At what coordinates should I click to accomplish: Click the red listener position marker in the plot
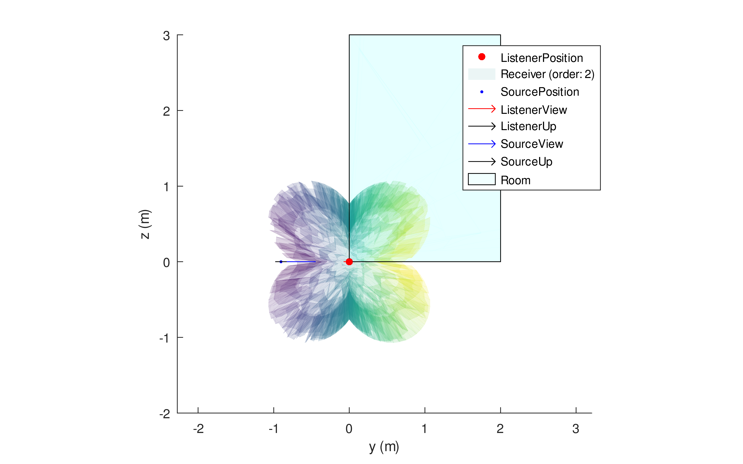349,262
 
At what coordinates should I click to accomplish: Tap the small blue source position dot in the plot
281,262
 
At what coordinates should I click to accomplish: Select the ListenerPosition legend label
541,58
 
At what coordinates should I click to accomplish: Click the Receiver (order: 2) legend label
547,74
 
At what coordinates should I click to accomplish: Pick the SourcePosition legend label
540,92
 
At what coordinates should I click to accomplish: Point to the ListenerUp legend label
528,126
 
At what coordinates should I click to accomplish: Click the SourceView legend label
532,144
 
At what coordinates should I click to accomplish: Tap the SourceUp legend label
526,162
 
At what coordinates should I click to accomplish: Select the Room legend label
515,180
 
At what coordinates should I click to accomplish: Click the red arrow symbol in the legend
482,109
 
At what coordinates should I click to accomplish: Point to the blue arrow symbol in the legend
482,144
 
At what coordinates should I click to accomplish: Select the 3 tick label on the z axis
166,36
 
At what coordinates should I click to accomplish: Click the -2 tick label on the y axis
198,429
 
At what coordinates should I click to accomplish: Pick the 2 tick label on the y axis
500,429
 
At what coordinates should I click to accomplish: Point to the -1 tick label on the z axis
164,338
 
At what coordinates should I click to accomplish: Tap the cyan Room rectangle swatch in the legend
482,179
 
